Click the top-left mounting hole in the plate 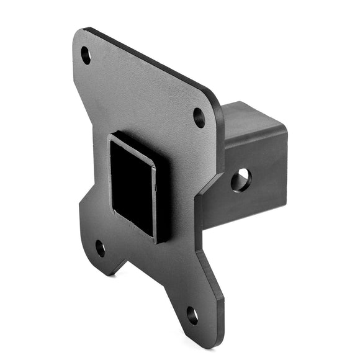pyautogui.click(x=86, y=55)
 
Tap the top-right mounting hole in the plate pyautogui.click(x=199, y=117)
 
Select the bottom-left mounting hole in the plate pyautogui.click(x=100, y=248)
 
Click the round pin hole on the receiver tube pyautogui.click(x=240, y=180)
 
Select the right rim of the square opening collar pyautogui.click(x=155, y=199)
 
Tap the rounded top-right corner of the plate pyautogui.click(x=215, y=99)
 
